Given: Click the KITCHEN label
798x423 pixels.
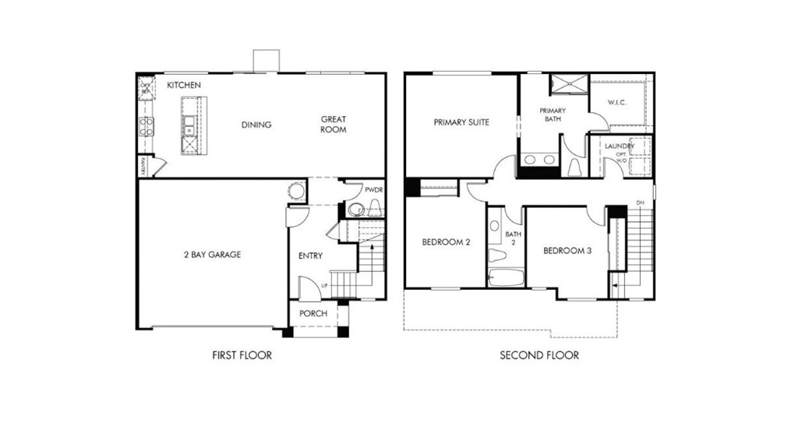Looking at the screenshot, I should pyautogui.click(x=184, y=85).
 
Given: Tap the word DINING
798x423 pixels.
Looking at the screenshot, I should pyautogui.click(x=256, y=125).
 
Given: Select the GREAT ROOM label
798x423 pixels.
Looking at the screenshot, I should pyautogui.click(x=334, y=125).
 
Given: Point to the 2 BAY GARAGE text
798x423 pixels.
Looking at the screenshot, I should pyautogui.click(x=212, y=255).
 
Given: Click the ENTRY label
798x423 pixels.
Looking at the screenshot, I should pyautogui.click(x=310, y=256).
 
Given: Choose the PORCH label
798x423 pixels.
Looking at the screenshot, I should pyautogui.click(x=313, y=314).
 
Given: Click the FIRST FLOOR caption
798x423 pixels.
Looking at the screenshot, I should pyautogui.click(x=242, y=355).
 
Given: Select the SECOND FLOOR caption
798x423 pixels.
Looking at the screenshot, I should pyautogui.click(x=539, y=355).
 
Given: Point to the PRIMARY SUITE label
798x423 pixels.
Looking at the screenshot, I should pyautogui.click(x=462, y=122).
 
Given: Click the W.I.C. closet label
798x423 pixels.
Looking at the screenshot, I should pyautogui.click(x=617, y=103).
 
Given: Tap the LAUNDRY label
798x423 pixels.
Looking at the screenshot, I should pyautogui.click(x=619, y=146).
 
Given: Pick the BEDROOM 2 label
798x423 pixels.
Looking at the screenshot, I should pyautogui.click(x=446, y=242).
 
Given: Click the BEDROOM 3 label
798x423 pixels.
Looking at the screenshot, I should pyautogui.click(x=567, y=251).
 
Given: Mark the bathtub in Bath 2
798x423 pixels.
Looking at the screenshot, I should pyautogui.click(x=506, y=277).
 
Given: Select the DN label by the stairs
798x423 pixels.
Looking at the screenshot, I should pyautogui.click(x=641, y=203).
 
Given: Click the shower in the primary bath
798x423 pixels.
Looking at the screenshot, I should pyautogui.click(x=570, y=84).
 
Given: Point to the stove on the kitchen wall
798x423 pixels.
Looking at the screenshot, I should pyautogui.click(x=146, y=126).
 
